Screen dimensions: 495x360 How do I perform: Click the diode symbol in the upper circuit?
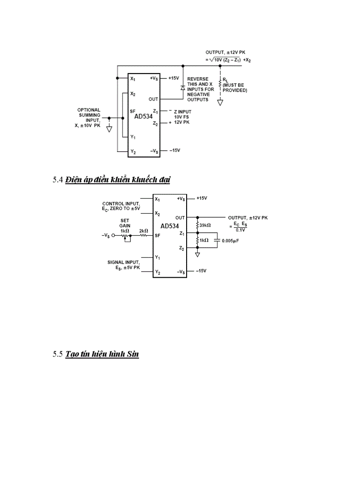[183, 87]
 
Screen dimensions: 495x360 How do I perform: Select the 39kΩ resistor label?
[205, 225]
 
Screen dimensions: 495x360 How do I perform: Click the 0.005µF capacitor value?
[230, 241]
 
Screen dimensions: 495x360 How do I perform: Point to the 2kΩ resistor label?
[143, 231]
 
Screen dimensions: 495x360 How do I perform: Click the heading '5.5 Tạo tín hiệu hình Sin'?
[96, 354]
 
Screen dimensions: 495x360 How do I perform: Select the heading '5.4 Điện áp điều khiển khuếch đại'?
[111, 179]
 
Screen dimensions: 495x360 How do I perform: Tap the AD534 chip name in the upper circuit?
[143, 117]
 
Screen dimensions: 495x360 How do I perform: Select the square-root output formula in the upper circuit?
[229, 60]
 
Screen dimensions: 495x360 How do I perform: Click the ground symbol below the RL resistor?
[220, 103]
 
